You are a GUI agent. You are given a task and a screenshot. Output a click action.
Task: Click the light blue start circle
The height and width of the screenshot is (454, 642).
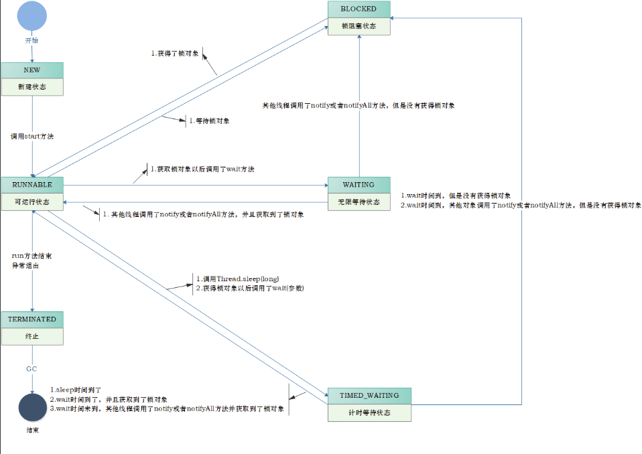32,16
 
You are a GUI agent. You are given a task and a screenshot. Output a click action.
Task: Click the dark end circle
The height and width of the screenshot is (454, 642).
32,407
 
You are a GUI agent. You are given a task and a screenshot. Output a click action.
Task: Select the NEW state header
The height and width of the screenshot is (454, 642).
32,70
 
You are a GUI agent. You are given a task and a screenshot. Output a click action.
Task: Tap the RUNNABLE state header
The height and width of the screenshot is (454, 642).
32,184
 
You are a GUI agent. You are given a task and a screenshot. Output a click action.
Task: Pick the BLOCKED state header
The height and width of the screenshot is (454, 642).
359,9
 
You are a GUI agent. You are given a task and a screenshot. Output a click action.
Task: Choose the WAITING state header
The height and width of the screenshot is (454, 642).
359,185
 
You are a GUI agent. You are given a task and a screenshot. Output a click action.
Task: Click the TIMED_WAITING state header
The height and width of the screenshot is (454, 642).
369,396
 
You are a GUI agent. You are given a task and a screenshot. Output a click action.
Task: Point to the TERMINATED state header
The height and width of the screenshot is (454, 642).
32,319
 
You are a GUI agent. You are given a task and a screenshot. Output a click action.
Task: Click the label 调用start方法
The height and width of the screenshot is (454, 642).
32,136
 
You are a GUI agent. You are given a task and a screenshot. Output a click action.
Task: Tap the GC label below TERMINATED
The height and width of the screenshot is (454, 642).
31,369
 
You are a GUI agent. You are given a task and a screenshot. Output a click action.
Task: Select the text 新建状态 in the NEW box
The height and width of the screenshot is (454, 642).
32,87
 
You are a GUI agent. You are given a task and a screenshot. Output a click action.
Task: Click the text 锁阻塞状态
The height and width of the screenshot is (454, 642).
359,26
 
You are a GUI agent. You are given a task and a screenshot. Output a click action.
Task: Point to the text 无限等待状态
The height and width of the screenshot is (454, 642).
359,202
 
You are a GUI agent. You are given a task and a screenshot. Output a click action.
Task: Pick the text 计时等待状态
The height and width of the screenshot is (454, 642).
369,412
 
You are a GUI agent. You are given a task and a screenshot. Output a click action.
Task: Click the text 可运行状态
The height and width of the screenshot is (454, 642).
32,202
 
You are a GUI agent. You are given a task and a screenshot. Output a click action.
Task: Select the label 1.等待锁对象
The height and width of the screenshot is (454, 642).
209,121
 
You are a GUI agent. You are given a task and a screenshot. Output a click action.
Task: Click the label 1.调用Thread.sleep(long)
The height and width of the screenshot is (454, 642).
237,279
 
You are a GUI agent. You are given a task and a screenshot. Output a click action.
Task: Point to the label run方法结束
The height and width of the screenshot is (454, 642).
32,256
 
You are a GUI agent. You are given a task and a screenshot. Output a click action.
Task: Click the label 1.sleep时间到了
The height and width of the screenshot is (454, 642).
76,389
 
